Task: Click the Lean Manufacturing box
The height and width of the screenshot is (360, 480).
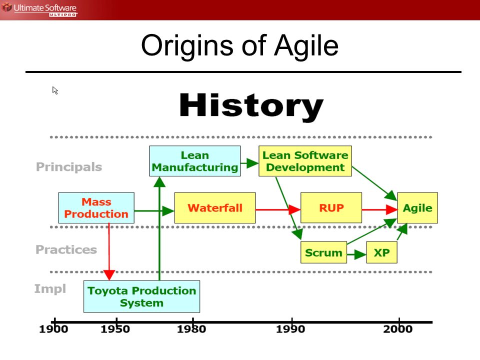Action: [194, 161]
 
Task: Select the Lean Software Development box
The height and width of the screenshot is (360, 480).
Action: [305, 161]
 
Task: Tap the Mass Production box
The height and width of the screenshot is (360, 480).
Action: [96, 208]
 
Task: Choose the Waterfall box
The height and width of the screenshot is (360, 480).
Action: [215, 208]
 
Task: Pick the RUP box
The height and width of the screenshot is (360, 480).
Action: [331, 208]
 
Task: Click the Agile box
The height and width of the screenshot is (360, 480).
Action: [417, 208]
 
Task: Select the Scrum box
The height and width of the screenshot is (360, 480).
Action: [323, 252]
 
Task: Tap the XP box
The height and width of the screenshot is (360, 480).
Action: [381, 252]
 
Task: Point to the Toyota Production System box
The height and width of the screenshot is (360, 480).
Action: [141, 296]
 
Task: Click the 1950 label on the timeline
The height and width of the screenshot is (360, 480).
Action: [115, 329]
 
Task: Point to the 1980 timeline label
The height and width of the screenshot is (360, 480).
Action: [191, 329]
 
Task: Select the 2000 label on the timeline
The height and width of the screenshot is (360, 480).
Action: [397, 329]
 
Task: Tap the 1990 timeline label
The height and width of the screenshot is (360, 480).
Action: [290, 329]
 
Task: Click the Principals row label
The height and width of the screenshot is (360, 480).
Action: [69, 167]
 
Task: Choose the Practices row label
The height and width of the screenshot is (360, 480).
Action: [66, 249]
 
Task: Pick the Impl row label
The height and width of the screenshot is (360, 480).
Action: [50, 289]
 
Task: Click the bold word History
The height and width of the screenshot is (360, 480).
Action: [251, 106]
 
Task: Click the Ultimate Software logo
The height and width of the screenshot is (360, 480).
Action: [39, 9]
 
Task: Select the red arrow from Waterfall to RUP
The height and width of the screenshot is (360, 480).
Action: [278, 209]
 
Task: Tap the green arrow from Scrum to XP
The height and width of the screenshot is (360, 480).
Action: [356, 254]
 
